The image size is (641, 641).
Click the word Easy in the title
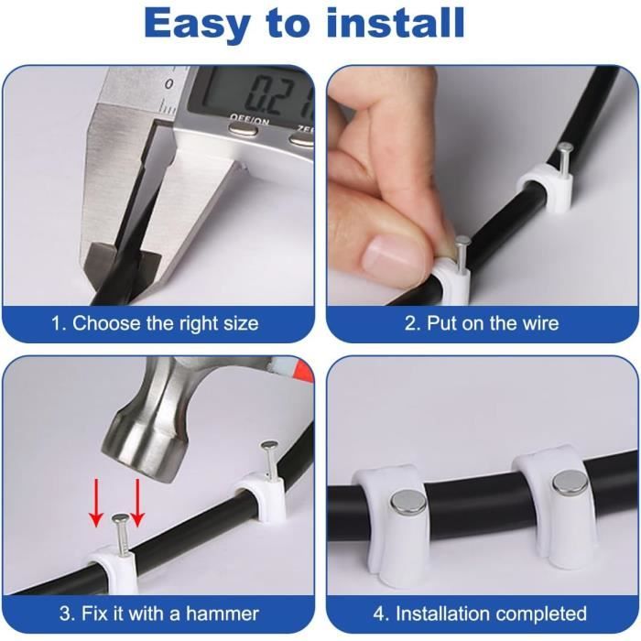(196, 24)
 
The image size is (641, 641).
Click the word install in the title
(395, 23)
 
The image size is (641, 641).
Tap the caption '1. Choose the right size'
(155, 323)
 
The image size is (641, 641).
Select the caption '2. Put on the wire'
(482, 323)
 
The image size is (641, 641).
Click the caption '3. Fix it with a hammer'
(159, 614)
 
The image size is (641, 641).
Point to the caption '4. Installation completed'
(480, 614)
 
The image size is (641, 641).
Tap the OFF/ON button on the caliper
(243, 130)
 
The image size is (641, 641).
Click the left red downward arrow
(96, 503)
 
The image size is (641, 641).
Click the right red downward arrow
(137, 503)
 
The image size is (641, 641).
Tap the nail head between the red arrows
(120, 519)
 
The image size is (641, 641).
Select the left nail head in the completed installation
(408, 503)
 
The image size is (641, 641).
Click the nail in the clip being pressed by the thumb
(462, 255)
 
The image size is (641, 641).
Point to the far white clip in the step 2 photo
(546, 183)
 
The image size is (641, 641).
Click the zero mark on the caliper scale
(168, 84)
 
